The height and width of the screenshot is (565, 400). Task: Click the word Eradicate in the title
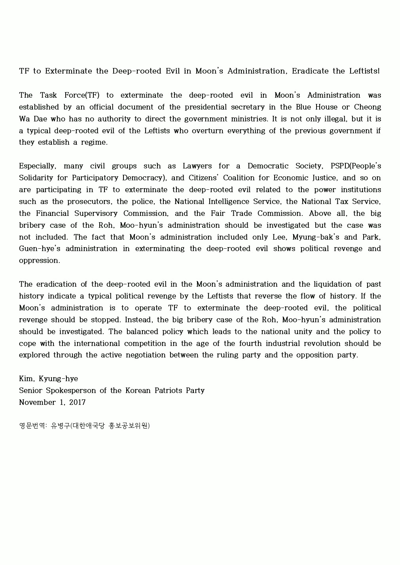[x=310, y=71]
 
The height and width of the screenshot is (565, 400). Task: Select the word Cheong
[x=368, y=107]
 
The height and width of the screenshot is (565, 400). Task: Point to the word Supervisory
[x=97, y=214]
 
